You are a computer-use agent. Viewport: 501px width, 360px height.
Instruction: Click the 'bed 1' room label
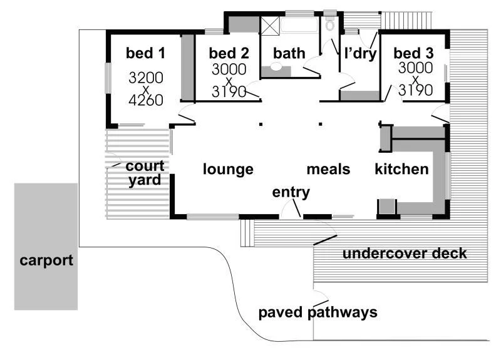(145, 53)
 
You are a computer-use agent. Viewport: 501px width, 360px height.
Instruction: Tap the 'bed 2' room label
(224, 53)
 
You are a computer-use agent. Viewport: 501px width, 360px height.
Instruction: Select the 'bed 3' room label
(415, 53)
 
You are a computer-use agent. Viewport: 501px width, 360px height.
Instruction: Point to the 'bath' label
(289, 54)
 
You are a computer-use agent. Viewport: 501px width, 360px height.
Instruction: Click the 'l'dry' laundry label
(360, 54)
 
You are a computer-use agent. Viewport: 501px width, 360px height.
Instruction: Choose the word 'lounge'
(228, 169)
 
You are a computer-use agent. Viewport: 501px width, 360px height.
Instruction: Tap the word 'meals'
(328, 169)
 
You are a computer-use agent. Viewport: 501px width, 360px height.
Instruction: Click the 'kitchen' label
(401, 169)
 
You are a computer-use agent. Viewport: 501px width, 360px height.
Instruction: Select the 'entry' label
(291, 192)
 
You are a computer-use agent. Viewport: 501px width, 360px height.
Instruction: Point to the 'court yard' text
(145, 173)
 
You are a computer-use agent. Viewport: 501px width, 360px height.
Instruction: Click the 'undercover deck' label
(405, 254)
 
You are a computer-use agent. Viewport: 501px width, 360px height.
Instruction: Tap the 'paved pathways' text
(318, 312)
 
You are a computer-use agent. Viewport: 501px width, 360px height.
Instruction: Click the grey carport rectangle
(46, 246)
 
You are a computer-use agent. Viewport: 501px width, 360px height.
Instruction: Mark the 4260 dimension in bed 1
(146, 100)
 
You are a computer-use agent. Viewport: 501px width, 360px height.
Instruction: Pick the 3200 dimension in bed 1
(146, 78)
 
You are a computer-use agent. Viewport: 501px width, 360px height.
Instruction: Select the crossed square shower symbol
(270, 26)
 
